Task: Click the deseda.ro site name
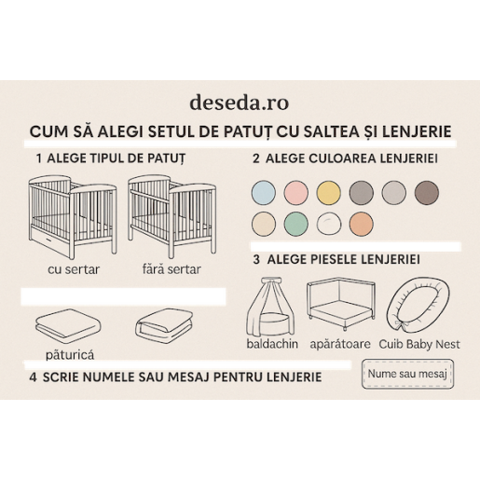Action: pyautogui.click(x=240, y=101)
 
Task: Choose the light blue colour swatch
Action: pyautogui.click(x=264, y=193)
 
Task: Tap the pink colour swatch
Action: pyautogui.click(x=296, y=193)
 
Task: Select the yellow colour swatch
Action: pyautogui.click(x=329, y=193)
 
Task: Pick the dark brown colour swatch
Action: pyautogui.click(x=426, y=193)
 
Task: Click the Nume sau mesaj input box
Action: pyautogui.click(x=407, y=375)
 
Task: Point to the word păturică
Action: pyautogui.click(x=70, y=355)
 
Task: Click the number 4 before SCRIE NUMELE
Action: pyautogui.click(x=33, y=377)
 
